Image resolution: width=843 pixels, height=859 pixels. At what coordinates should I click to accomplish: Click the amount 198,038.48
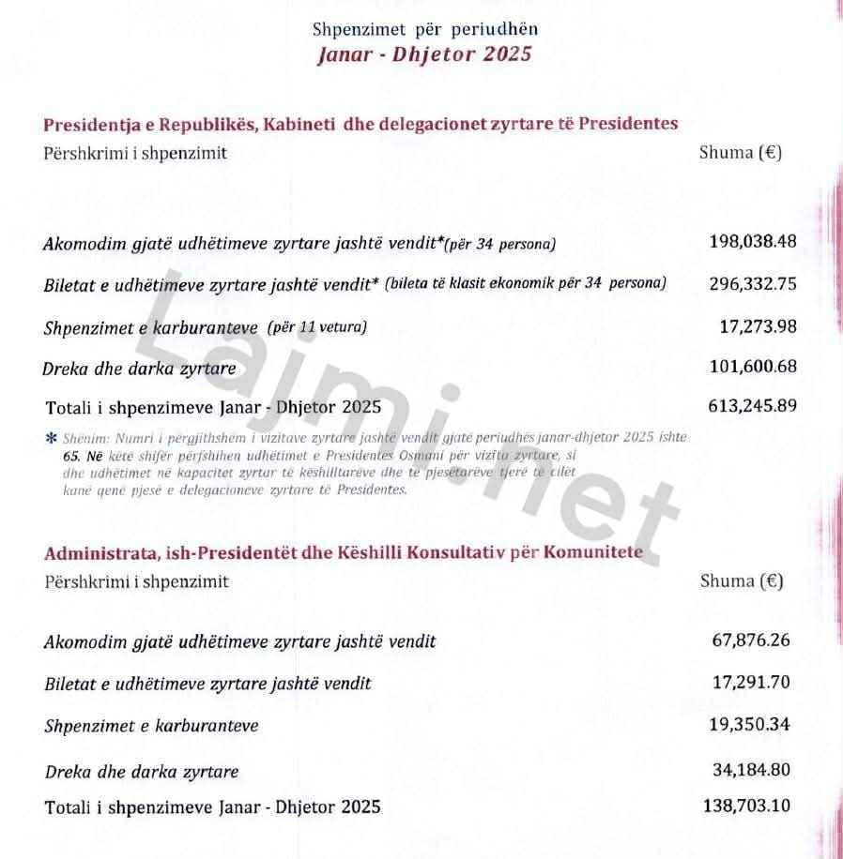[x=753, y=242]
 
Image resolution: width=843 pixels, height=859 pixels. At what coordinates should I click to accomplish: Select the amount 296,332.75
[x=753, y=283]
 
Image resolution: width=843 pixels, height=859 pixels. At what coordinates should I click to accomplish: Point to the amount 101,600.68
[x=753, y=366]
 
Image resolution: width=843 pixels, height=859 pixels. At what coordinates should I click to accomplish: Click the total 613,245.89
[x=752, y=406]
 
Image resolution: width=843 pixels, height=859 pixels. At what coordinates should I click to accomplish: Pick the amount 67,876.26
[x=751, y=640]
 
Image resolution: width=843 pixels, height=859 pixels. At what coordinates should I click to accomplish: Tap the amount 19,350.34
[x=751, y=724]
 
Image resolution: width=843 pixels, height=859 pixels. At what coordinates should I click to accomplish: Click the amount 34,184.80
[x=751, y=770]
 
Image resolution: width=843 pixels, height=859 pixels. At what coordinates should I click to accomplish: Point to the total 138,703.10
[x=746, y=806]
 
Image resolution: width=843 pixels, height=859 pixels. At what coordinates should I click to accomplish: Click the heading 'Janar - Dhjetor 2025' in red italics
[x=425, y=53]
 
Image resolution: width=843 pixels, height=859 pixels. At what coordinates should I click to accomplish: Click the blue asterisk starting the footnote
[x=51, y=438]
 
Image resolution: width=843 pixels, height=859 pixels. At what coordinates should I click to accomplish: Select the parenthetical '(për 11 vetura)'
[x=315, y=327]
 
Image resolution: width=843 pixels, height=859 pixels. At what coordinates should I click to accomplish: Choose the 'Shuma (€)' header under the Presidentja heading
[x=741, y=153]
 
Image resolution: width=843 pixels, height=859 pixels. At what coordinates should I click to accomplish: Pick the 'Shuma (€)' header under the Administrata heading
[x=742, y=581]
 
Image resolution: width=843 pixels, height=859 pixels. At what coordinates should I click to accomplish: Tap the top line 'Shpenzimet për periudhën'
[x=425, y=29]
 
